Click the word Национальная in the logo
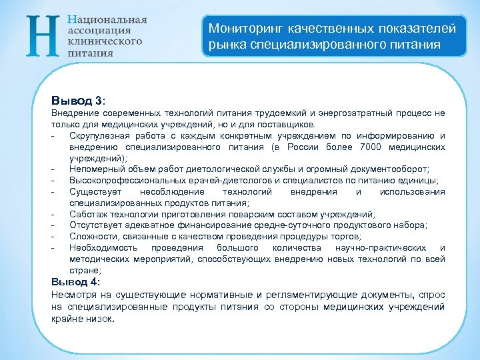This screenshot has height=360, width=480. [x=107, y=20]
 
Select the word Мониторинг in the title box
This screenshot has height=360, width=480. [x=243, y=29]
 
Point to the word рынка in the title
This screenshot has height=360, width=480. [x=223, y=45]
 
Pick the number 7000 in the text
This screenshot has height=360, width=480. [x=371, y=147]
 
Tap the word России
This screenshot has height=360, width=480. [x=309, y=147]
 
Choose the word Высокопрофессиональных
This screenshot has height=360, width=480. [x=119, y=181]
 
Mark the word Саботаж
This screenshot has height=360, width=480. [x=87, y=214]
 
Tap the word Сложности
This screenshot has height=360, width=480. [x=92, y=237]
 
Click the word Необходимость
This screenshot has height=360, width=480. [x=101, y=248]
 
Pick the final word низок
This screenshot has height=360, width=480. [x=101, y=319]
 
